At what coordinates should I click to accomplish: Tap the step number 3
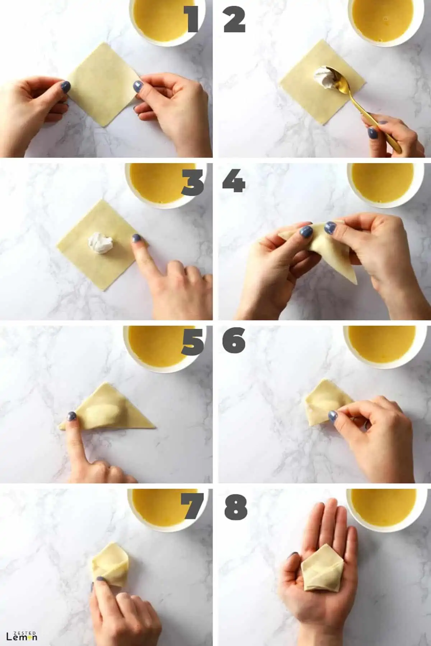point(193,183)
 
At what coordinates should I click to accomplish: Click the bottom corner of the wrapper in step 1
point(105,126)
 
